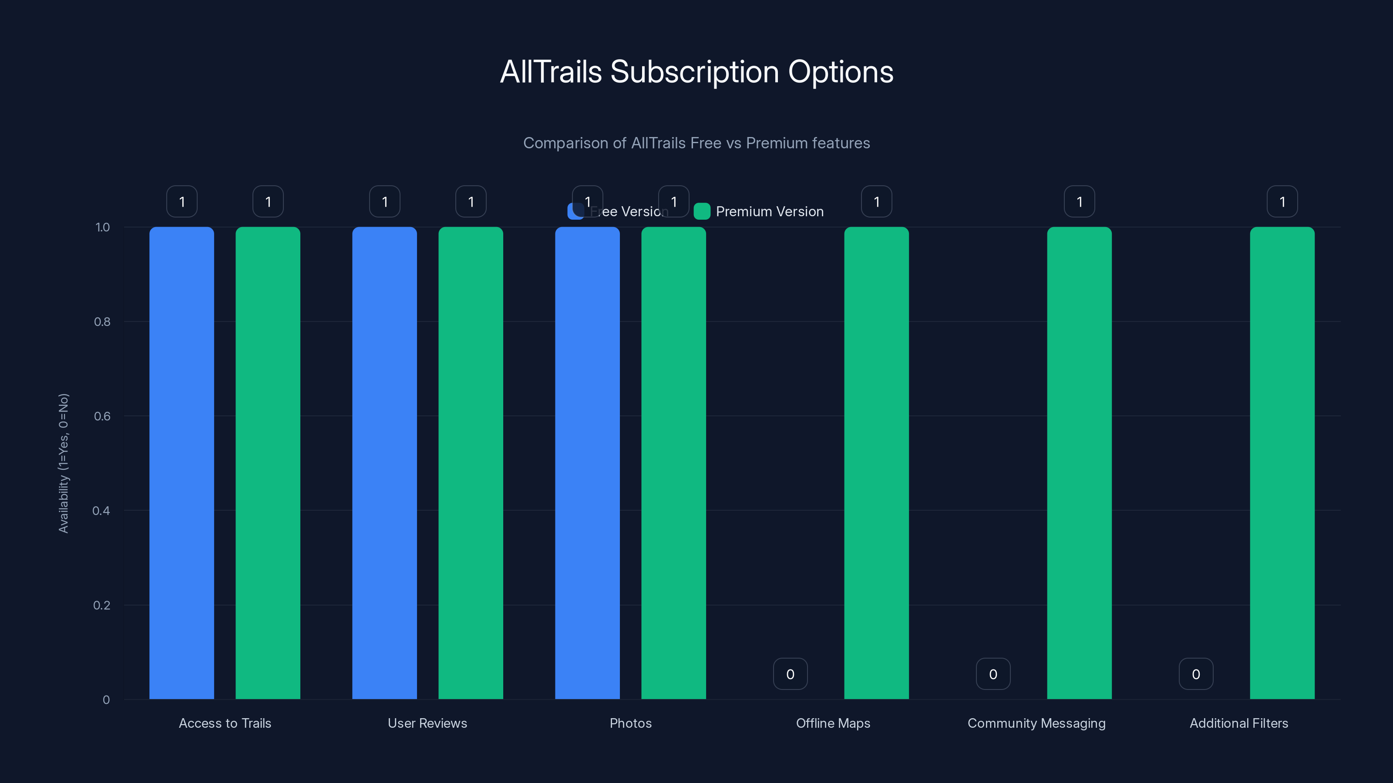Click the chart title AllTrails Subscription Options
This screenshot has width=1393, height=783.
click(696, 72)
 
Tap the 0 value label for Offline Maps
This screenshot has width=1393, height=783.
click(790, 674)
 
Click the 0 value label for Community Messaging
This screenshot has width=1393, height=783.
click(993, 674)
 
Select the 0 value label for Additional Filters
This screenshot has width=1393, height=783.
click(1196, 674)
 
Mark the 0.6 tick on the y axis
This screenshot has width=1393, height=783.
click(102, 416)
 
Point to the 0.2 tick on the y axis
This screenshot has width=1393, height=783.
click(102, 605)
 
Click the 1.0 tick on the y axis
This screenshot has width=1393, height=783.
click(103, 228)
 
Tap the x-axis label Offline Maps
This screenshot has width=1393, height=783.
click(833, 723)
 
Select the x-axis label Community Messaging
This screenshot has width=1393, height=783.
click(1036, 723)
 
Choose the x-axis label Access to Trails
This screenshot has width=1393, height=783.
click(225, 723)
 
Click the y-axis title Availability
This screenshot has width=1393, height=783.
click(64, 463)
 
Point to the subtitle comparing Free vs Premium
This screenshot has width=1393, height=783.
click(696, 143)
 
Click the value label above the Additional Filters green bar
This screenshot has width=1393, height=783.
click(1282, 201)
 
